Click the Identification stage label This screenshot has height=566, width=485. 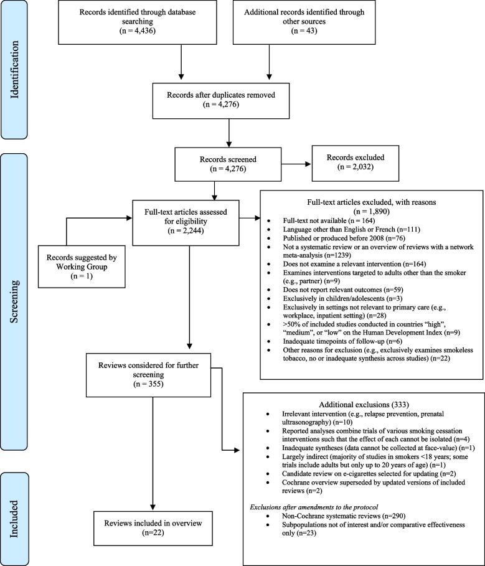22,70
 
